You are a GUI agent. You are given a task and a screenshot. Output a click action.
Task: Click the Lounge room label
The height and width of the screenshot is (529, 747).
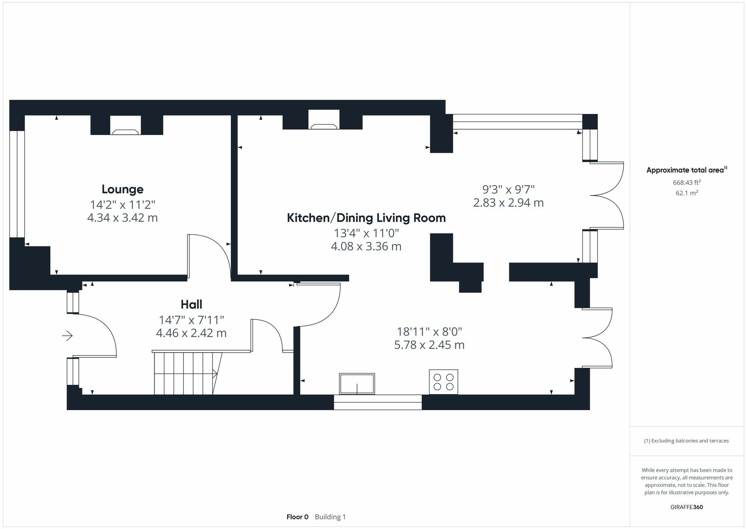[123, 189]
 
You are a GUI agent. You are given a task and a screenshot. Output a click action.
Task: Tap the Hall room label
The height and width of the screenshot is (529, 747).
[191, 304]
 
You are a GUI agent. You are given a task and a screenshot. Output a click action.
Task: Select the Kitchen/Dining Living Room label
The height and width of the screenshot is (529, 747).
[366, 218]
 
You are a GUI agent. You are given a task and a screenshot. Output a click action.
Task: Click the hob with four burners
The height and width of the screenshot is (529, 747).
[443, 382]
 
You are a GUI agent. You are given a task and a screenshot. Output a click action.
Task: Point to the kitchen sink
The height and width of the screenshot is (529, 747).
[357, 384]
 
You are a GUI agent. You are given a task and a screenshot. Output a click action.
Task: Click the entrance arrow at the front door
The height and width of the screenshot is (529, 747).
[67, 336]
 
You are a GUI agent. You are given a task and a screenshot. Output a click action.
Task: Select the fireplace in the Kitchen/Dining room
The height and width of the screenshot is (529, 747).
[324, 120]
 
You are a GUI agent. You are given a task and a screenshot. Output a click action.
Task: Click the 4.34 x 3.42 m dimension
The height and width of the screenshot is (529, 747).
[123, 218]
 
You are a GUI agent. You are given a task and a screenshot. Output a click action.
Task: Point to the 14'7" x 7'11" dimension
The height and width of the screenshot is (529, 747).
[191, 320]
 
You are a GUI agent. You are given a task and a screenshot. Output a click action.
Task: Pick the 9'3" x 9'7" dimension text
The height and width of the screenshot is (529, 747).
[508, 189]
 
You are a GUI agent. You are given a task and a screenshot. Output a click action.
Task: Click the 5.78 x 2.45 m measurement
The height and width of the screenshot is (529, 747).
[429, 345]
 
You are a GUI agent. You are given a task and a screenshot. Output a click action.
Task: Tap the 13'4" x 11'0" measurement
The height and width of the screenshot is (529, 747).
[366, 233]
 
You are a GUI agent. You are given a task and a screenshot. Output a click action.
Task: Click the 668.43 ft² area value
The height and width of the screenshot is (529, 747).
[687, 182]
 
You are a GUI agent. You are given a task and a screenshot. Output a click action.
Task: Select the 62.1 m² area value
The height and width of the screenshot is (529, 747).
[687, 193]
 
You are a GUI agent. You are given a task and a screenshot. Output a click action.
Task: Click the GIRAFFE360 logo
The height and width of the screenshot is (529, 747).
[687, 507]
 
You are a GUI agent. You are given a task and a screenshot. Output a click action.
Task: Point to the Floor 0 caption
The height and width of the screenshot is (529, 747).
[297, 517]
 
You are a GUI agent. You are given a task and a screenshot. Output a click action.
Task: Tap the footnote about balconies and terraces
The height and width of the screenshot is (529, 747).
[686, 441]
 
